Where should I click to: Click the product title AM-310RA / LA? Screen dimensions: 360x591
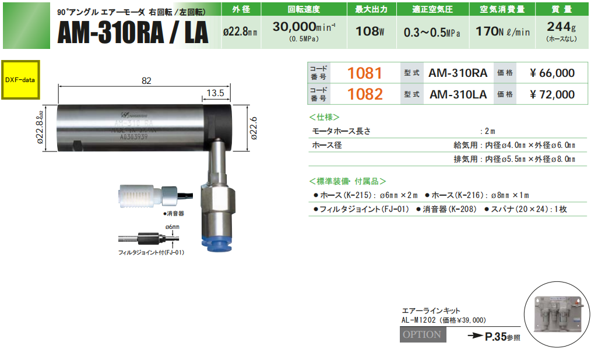click(132, 33)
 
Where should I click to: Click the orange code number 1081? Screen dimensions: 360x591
click(364, 73)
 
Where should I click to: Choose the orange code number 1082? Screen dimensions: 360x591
click(364, 94)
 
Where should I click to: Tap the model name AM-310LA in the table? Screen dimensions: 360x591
click(458, 94)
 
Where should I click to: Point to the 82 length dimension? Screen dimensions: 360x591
click(146, 81)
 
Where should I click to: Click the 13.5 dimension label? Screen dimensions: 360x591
click(215, 93)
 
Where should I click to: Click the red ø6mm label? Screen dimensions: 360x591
click(173, 226)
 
